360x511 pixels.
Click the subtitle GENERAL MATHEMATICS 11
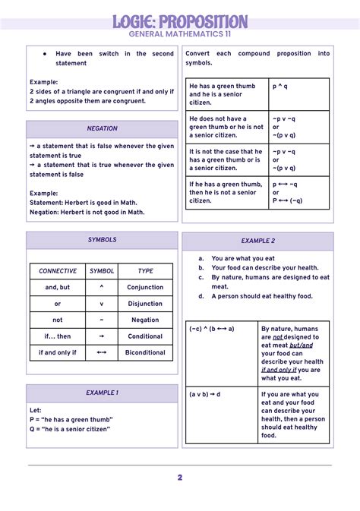[180, 35]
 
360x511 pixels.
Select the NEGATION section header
[102, 128]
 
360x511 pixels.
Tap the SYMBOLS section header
[102, 240]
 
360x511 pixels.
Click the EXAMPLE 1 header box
[102, 393]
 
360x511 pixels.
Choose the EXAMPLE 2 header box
[258, 241]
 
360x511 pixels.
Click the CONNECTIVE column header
[58, 271]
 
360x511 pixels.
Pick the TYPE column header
[145, 271]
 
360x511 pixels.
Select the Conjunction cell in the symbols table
[145, 288]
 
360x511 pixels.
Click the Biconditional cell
[145, 352]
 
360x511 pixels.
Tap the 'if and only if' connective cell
[58, 352]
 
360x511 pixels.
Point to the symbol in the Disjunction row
[102, 304]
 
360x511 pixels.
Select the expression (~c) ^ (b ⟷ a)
[212, 329]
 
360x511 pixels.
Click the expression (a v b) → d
[205, 395]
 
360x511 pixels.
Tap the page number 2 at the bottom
[180, 478]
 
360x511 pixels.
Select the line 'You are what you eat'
[243, 258]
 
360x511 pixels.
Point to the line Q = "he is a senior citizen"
[70, 429]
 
